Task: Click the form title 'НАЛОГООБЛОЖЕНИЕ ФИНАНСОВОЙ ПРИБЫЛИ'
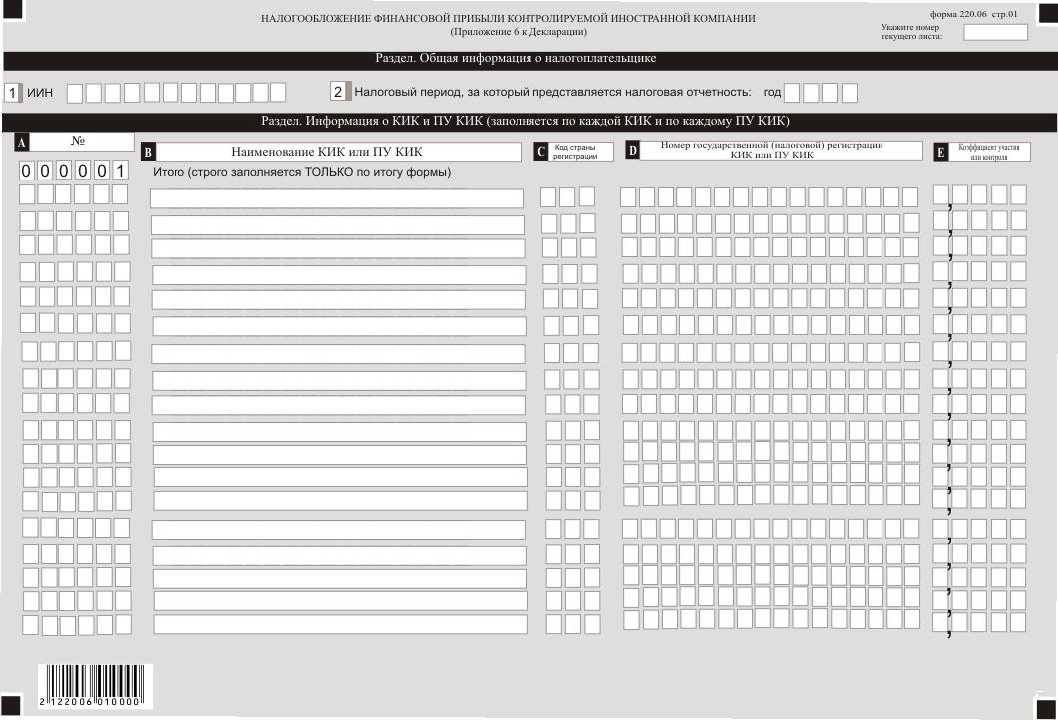pos(509,19)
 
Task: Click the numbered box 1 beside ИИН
pos(13,93)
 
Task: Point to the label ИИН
pos(40,93)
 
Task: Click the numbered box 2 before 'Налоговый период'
pos(339,92)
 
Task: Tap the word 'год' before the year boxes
pos(772,93)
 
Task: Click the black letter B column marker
pos(148,153)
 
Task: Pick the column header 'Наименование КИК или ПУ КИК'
pos(327,153)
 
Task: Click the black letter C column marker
pos(541,153)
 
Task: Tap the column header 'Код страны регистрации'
pos(575,153)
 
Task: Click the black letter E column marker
pos(940,153)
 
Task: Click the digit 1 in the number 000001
pos(120,171)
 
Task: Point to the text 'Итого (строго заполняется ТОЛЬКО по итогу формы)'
pos(301,173)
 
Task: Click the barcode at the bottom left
pos(92,686)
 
